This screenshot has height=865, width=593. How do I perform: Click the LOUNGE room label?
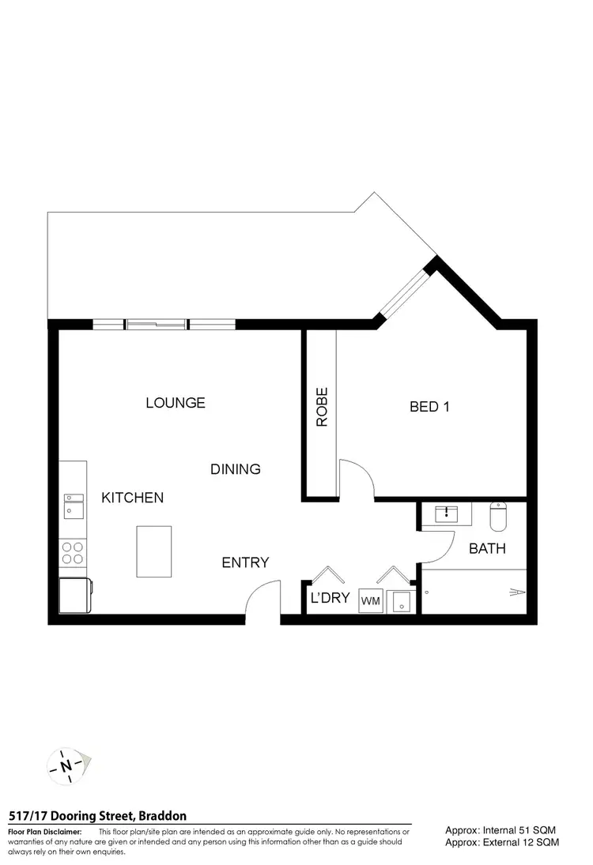coord(175,403)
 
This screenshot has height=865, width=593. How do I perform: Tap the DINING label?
coord(235,469)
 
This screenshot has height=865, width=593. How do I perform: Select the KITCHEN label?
coord(132,498)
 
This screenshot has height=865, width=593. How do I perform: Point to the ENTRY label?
coord(245,563)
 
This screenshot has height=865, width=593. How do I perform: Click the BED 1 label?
coord(429,408)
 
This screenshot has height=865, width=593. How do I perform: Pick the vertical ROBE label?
coord(322,408)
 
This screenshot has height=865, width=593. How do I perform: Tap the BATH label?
coord(487,548)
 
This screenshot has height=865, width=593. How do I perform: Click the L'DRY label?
coord(330,598)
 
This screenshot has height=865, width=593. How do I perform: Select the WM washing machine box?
coord(371,602)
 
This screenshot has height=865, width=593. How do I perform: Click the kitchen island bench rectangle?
coord(153,551)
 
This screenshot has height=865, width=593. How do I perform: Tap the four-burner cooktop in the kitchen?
coord(73,552)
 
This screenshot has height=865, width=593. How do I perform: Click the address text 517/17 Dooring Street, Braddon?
coord(97,816)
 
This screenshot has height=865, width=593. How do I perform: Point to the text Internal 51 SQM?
coord(501,830)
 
